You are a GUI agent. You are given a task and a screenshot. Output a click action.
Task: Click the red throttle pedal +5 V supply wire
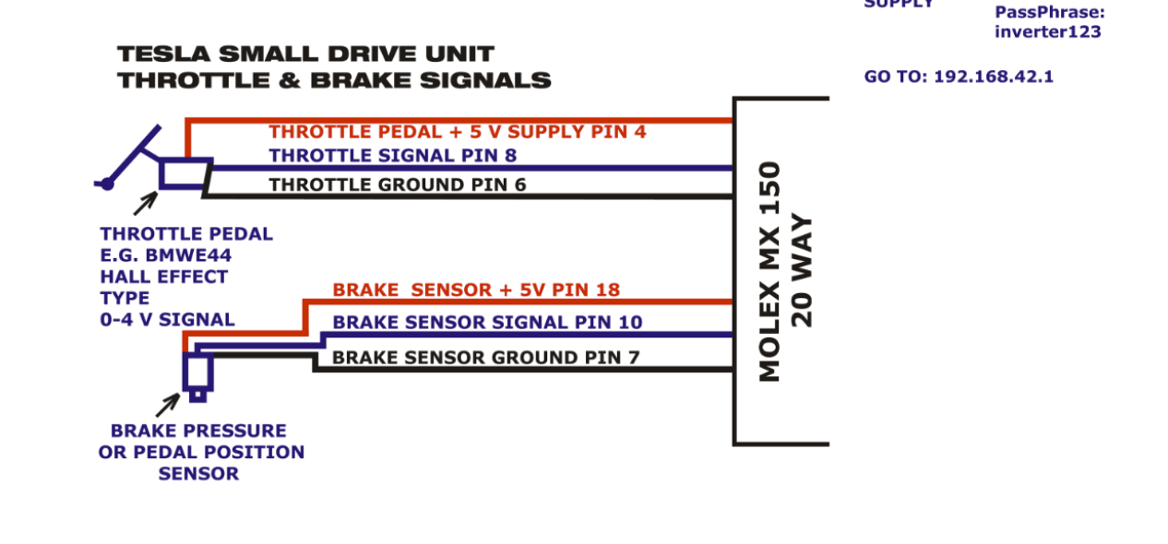tap(461, 120)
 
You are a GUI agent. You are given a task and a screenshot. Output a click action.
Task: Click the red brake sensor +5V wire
tap(517, 302)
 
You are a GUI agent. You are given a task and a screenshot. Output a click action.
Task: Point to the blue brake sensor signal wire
tap(517, 335)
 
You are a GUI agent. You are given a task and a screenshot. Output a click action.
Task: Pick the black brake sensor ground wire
tap(517, 369)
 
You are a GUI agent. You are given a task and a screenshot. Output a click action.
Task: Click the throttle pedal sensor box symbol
tap(185, 173)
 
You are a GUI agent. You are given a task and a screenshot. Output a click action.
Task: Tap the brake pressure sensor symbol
tap(197, 373)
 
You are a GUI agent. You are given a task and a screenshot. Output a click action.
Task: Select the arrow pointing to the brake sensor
tap(167, 405)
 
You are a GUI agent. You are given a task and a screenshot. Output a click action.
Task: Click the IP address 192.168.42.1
tap(993, 77)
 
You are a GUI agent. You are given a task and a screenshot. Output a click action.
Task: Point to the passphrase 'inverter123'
tap(1047, 32)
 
